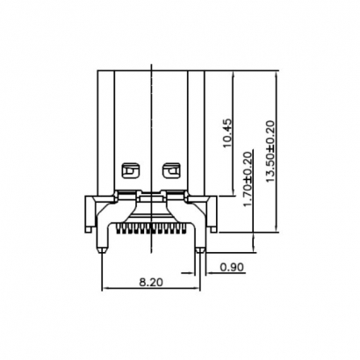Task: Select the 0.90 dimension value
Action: point(232,266)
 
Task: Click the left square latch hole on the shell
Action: point(130,166)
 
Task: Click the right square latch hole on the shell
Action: point(171,166)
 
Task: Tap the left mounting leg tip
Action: point(104,249)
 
